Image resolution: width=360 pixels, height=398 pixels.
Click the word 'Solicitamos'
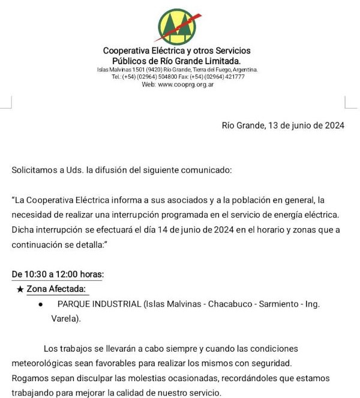point(34,170)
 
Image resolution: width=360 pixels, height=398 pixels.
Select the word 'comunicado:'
point(209,170)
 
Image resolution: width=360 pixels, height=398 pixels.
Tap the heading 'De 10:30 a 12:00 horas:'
point(58,274)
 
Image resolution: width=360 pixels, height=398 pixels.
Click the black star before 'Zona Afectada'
point(20,289)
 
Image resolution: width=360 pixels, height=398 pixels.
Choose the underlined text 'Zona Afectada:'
point(57,289)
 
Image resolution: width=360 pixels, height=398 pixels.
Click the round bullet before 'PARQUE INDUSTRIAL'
point(40,304)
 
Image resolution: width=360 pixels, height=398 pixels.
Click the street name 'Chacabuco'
point(230,304)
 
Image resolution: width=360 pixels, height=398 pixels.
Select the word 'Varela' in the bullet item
point(64,319)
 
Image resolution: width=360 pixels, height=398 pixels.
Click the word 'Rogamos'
point(29,378)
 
